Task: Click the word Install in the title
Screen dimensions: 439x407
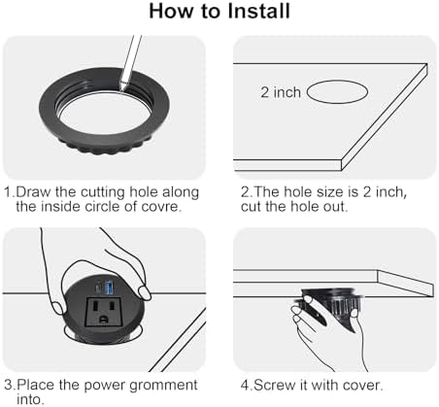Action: (x=258, y=11)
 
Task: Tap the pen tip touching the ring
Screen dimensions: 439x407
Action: (x=122, y=88)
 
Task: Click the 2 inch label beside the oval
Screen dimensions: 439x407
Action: (x=281, y=92)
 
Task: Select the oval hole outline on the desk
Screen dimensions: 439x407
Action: (x=337, y=92)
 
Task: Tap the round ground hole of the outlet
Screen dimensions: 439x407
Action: (x=103, y=320)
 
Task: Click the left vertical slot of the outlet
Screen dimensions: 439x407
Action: (x=96, y=305)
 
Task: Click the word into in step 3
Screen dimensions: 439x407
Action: (x=29, y=399)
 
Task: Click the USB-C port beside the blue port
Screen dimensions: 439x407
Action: (x=98, y=288)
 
